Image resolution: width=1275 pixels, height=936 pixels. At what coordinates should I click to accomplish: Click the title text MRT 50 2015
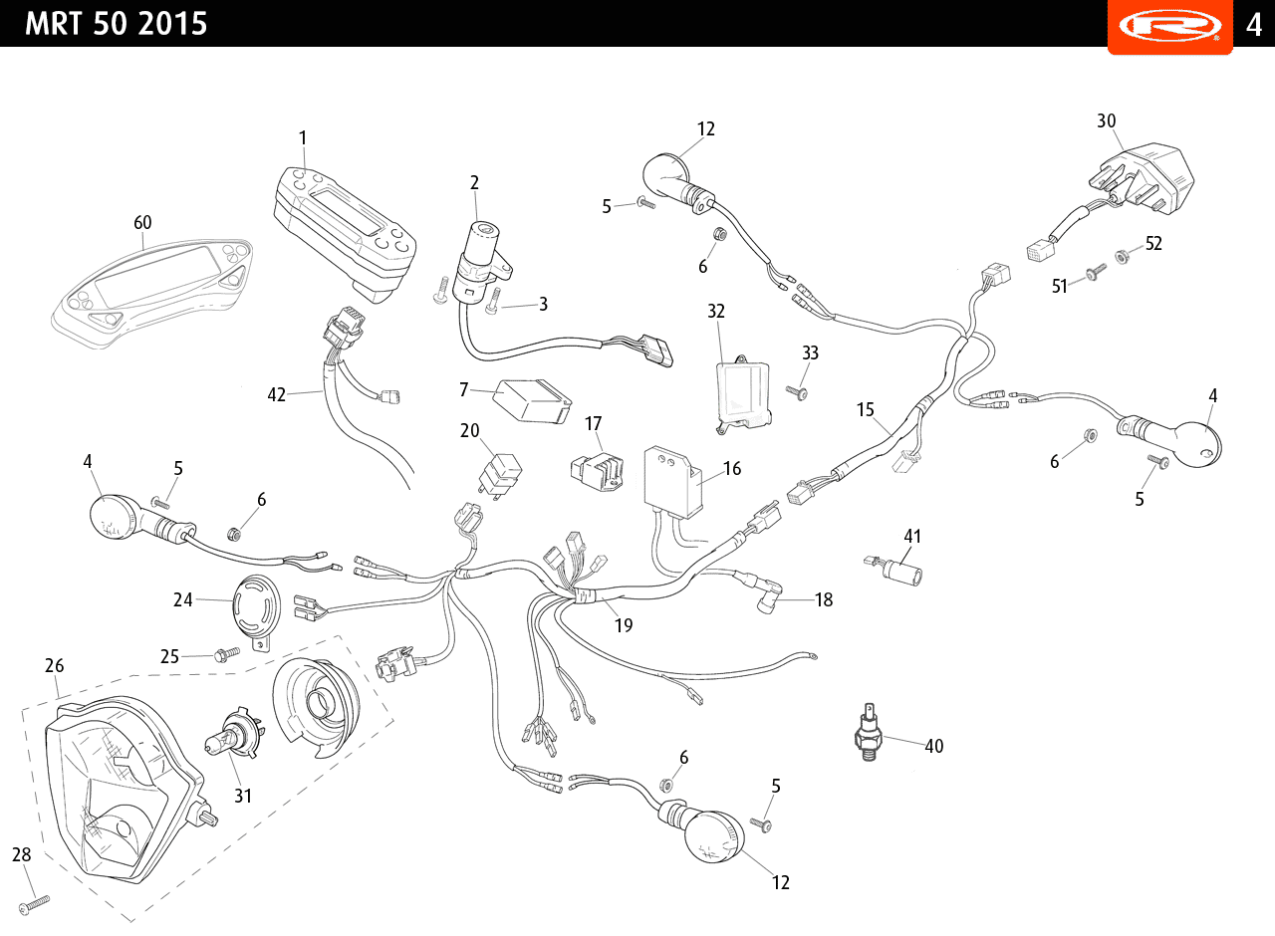pos(117,24)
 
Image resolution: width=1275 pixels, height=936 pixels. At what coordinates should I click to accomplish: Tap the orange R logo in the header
pos(1169,26)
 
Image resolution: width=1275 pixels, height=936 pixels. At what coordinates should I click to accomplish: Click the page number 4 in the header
pos(1254,25)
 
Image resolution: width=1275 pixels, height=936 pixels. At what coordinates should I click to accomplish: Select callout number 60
pos(142,222)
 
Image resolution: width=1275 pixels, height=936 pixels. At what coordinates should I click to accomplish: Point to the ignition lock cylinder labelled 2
pos(481,262)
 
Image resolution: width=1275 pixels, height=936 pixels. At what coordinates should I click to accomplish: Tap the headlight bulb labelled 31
pos(234,733)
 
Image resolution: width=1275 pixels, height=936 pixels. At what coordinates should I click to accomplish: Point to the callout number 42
pos(277,395)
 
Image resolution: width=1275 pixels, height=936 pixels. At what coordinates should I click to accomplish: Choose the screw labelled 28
pos(34,905)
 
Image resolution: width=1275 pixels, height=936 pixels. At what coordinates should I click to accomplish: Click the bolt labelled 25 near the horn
pos(226,654)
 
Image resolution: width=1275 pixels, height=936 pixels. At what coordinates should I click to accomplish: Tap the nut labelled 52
pos(1122,257)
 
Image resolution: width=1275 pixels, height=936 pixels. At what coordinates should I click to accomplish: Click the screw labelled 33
pos(797,392)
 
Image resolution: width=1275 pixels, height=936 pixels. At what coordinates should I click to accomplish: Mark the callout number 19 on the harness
pos(624,625)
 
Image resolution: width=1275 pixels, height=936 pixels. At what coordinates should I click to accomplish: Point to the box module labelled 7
pos(532,401)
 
